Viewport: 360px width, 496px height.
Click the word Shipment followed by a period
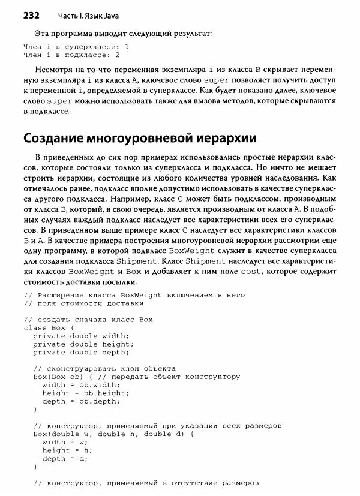149,261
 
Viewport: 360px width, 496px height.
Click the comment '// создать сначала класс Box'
88,320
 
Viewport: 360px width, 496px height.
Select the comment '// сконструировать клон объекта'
104,368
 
